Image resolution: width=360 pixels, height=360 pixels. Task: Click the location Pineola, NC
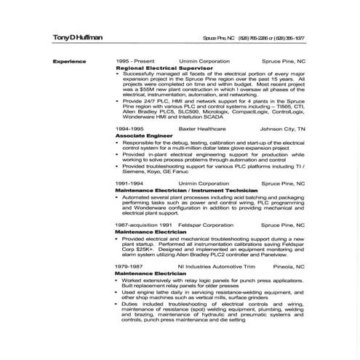(289, 267)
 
